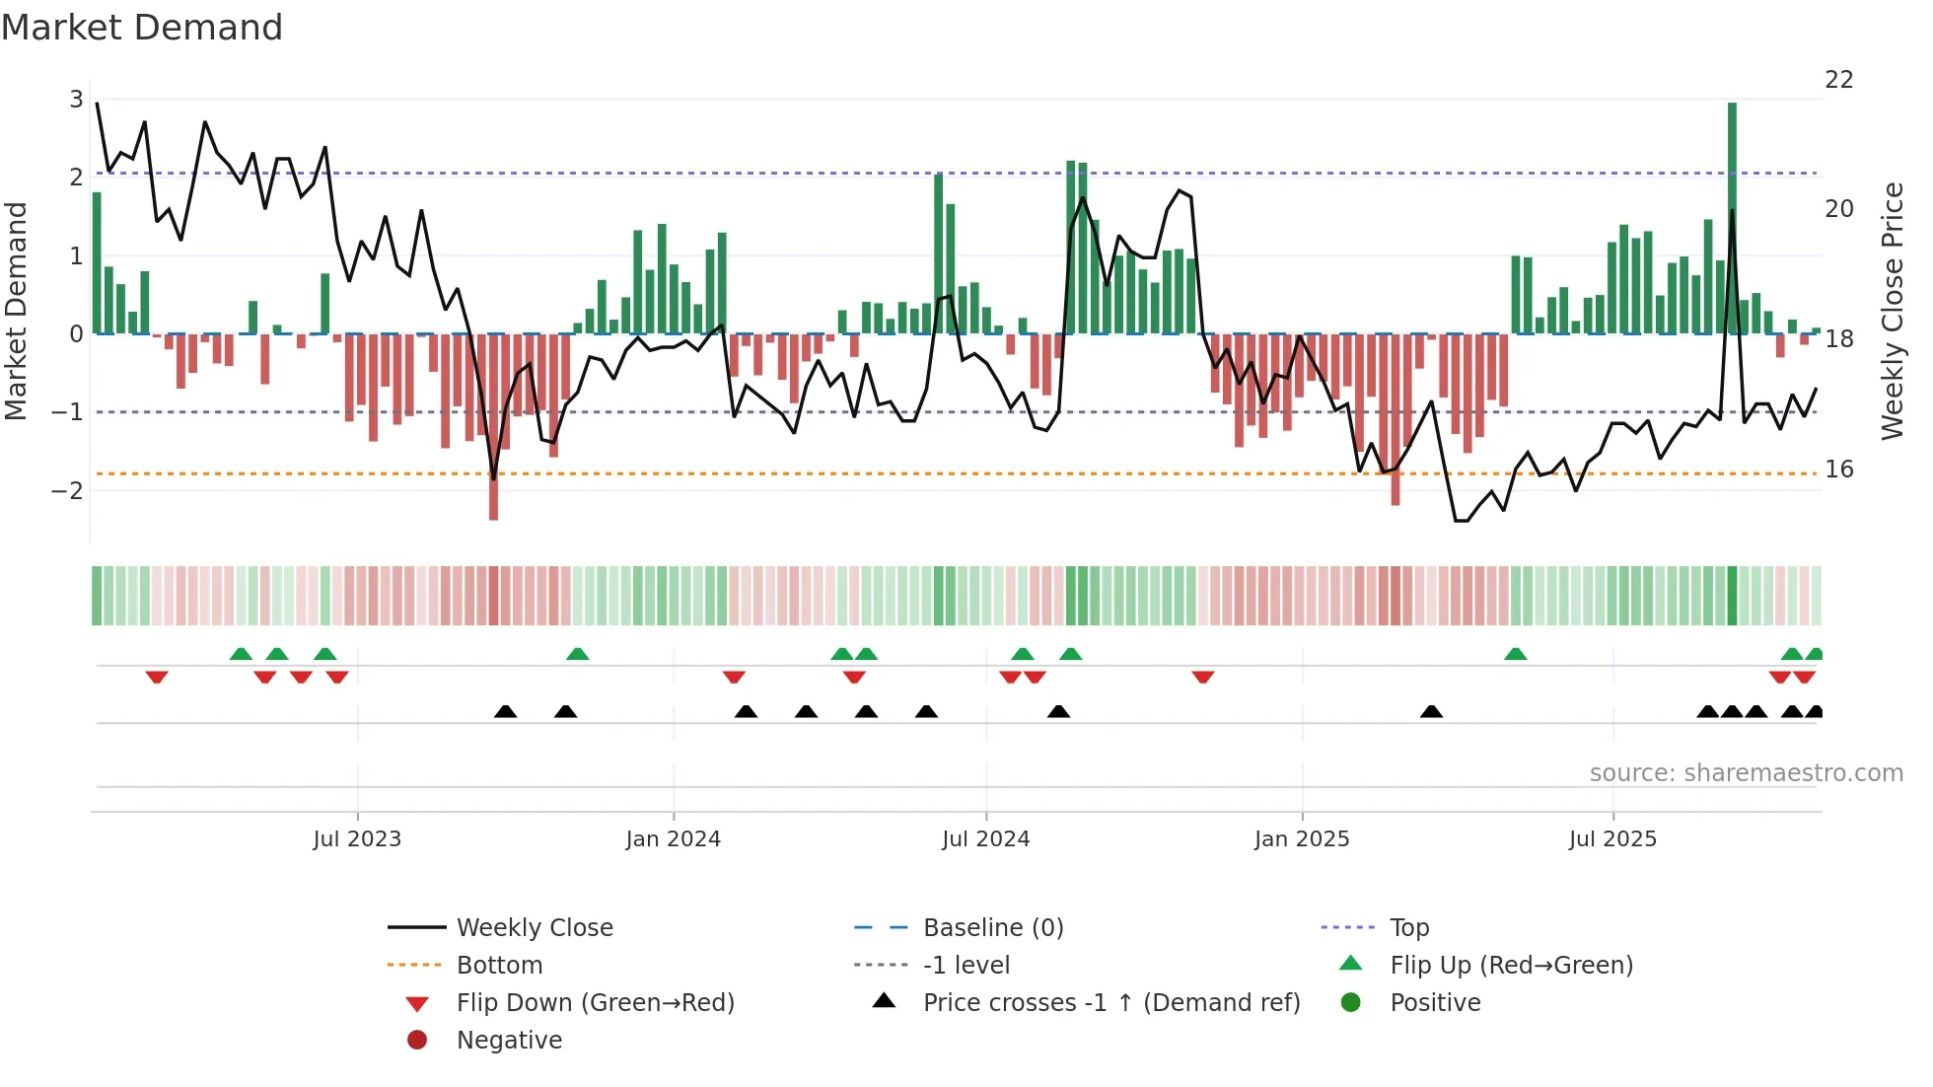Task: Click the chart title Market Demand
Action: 142,27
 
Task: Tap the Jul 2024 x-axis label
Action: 985,839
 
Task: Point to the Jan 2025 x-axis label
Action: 1301,839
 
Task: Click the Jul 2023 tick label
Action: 357,839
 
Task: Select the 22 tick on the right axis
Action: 1838,80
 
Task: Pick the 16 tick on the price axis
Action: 1838,470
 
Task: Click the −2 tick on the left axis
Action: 67,490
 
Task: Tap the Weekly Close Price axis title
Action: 1892,311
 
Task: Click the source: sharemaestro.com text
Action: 1746,773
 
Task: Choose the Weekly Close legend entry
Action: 534,928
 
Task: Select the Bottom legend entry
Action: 499,966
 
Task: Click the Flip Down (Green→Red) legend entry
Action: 595,1003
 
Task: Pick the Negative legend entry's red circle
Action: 417,1041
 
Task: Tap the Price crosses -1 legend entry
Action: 1110,1003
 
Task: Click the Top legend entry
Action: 1408,928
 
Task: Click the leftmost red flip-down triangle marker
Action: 157,677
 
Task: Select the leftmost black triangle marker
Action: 505,711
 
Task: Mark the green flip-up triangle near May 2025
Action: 1516,654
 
